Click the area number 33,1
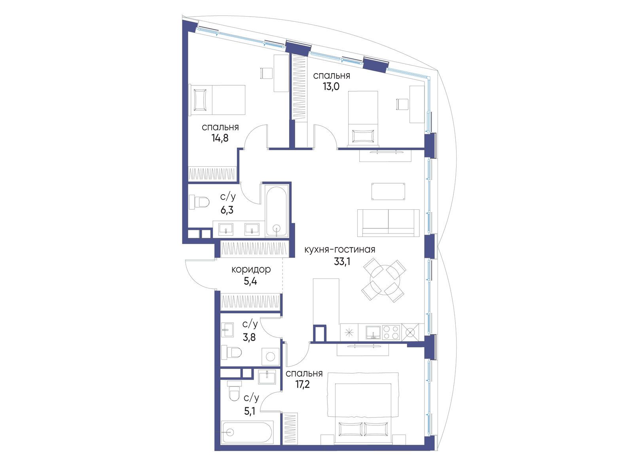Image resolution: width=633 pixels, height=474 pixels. (342, 261)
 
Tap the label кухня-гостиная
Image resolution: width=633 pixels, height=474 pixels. (340, 249)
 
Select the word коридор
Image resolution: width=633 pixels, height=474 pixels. (251, 270)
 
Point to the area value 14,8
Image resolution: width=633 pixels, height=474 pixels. (220, 138)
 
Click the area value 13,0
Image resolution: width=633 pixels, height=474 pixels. (331, 87)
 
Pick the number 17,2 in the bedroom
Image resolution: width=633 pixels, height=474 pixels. (302, 384)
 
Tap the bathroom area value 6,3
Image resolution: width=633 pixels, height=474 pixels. (227, 211)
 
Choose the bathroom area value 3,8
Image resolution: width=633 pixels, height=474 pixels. (249, 337)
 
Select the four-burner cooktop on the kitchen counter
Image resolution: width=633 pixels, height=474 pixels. (391, 333)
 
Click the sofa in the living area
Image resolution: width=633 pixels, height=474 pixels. (388, 223)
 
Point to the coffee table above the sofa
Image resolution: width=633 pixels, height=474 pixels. (388, 192)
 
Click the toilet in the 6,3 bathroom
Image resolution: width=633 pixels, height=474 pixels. (199, 202)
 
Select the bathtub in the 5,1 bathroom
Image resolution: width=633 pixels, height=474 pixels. (247, 432)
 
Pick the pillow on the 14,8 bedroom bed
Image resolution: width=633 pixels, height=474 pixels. (200, 100)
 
